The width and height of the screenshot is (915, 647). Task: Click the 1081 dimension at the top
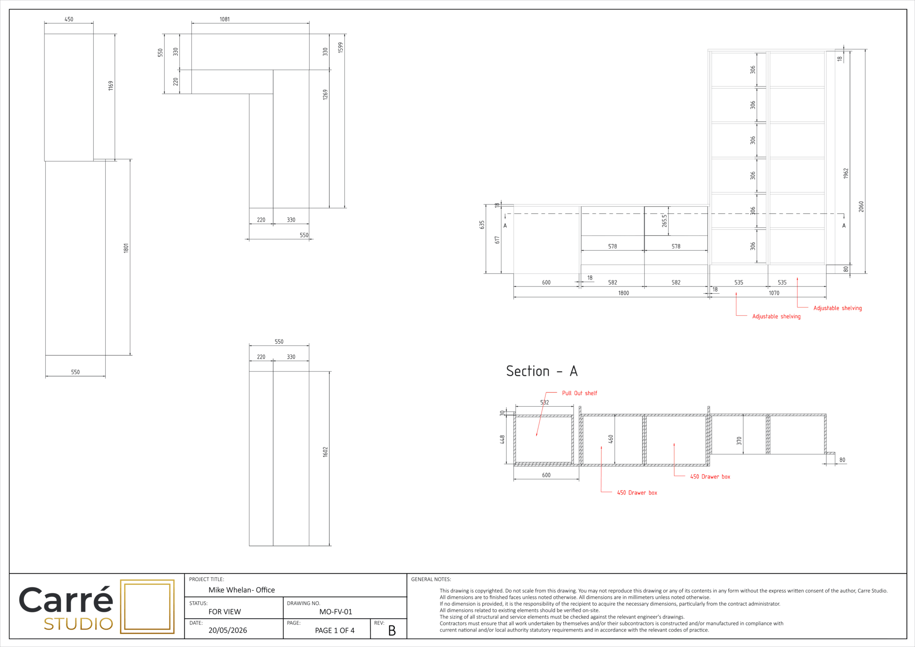pos(225,19)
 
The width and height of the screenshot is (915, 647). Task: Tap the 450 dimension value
pos(69,19)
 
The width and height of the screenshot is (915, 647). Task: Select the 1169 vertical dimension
pos(111,86)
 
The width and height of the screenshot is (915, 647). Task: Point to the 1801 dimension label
pos(126,248)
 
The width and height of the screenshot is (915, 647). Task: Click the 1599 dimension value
pos(340,48)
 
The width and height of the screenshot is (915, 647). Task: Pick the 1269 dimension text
pos(325,95)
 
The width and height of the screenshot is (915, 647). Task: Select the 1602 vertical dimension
pos(325,452)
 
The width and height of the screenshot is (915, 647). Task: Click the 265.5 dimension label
pos(665,221)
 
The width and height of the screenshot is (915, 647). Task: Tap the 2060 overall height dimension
pos(861,206)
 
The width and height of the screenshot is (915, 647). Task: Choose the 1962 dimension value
pos(846,173)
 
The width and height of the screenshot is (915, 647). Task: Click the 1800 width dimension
pos(624,293)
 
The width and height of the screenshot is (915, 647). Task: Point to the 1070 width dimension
pos(774,293)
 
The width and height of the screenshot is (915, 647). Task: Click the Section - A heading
pos(542,371)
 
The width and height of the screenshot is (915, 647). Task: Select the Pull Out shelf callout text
pos(580,393)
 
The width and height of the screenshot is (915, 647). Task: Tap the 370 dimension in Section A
pos(739,441)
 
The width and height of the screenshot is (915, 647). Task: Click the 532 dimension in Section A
pos(544,403)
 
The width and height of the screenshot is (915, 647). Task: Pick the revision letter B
pos(392,631)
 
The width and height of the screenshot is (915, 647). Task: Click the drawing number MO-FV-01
pos(336,612)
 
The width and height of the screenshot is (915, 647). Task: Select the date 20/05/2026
pos(228,631)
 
